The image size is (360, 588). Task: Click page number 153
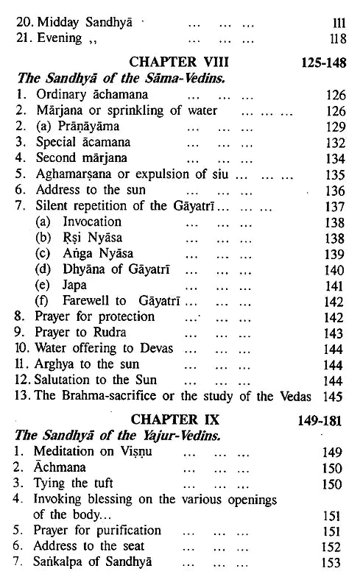[x=333, y=564]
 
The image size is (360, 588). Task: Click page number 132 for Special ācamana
[x=333, y=142]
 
